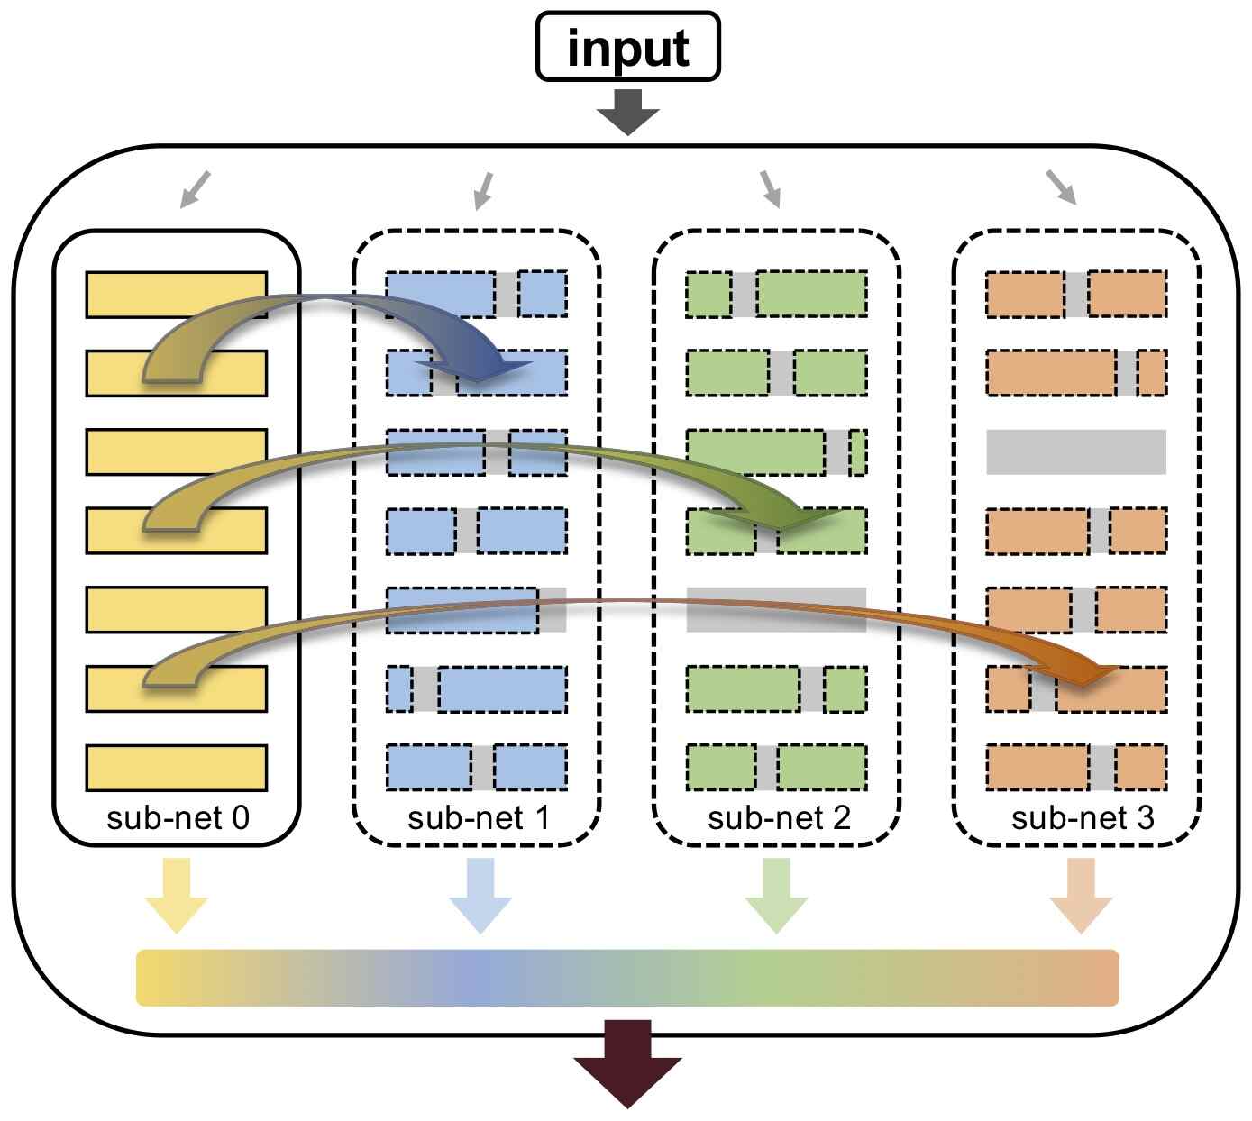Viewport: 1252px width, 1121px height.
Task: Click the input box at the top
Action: coord(628,46)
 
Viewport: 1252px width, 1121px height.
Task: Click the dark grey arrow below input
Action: coord(628,112)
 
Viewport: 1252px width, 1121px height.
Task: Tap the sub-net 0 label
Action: coord(178,817)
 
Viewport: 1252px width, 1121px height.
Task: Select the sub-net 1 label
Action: coord(479,817)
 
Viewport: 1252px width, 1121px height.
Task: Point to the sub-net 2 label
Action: coord(779,817)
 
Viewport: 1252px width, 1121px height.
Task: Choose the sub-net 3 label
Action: coord(1083,817)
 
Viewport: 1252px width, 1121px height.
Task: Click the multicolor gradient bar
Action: coord(627,978)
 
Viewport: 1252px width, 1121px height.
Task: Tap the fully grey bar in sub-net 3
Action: coord(1076,451)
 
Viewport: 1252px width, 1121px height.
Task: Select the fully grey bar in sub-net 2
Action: coord(776,609)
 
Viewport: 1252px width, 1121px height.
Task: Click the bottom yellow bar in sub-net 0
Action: coord(177,768)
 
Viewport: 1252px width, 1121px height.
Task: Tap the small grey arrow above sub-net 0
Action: coord(196,189)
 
